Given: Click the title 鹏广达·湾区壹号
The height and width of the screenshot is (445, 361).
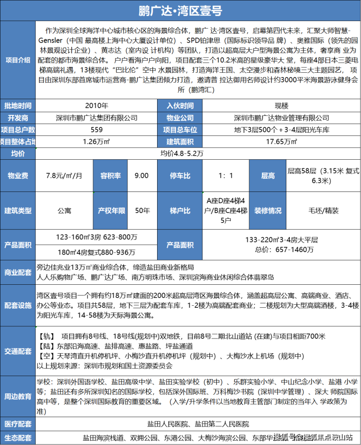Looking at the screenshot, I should click(x=180, y=10).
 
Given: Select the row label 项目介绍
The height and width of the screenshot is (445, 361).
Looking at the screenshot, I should click(x=18, y=60).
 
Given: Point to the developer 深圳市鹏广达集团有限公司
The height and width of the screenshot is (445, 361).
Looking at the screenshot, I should click(x=97, y=118).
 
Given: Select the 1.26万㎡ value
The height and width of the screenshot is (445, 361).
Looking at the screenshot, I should click(x=97, y=142).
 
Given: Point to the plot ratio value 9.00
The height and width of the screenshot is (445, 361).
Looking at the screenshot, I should click(x=141, y=176).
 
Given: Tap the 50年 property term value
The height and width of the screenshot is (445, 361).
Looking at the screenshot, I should click(x=142, y=211).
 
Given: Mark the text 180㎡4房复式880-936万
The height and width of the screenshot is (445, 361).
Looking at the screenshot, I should click(x=97, y=253).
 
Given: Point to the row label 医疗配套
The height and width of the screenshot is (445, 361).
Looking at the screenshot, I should click(x=18, y=424).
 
